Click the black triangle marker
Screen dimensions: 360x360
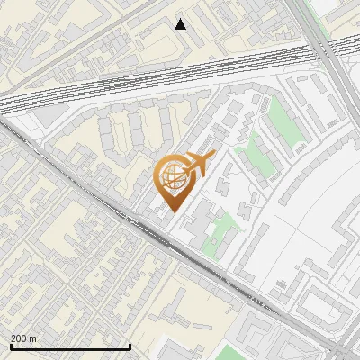point(181,24)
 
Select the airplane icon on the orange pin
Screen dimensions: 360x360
point(195,165)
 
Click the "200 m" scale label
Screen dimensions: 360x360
point(23,337)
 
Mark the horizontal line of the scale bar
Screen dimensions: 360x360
point(70,346)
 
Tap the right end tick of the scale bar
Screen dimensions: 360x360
point(130,345)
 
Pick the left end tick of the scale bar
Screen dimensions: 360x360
point(10,345)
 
